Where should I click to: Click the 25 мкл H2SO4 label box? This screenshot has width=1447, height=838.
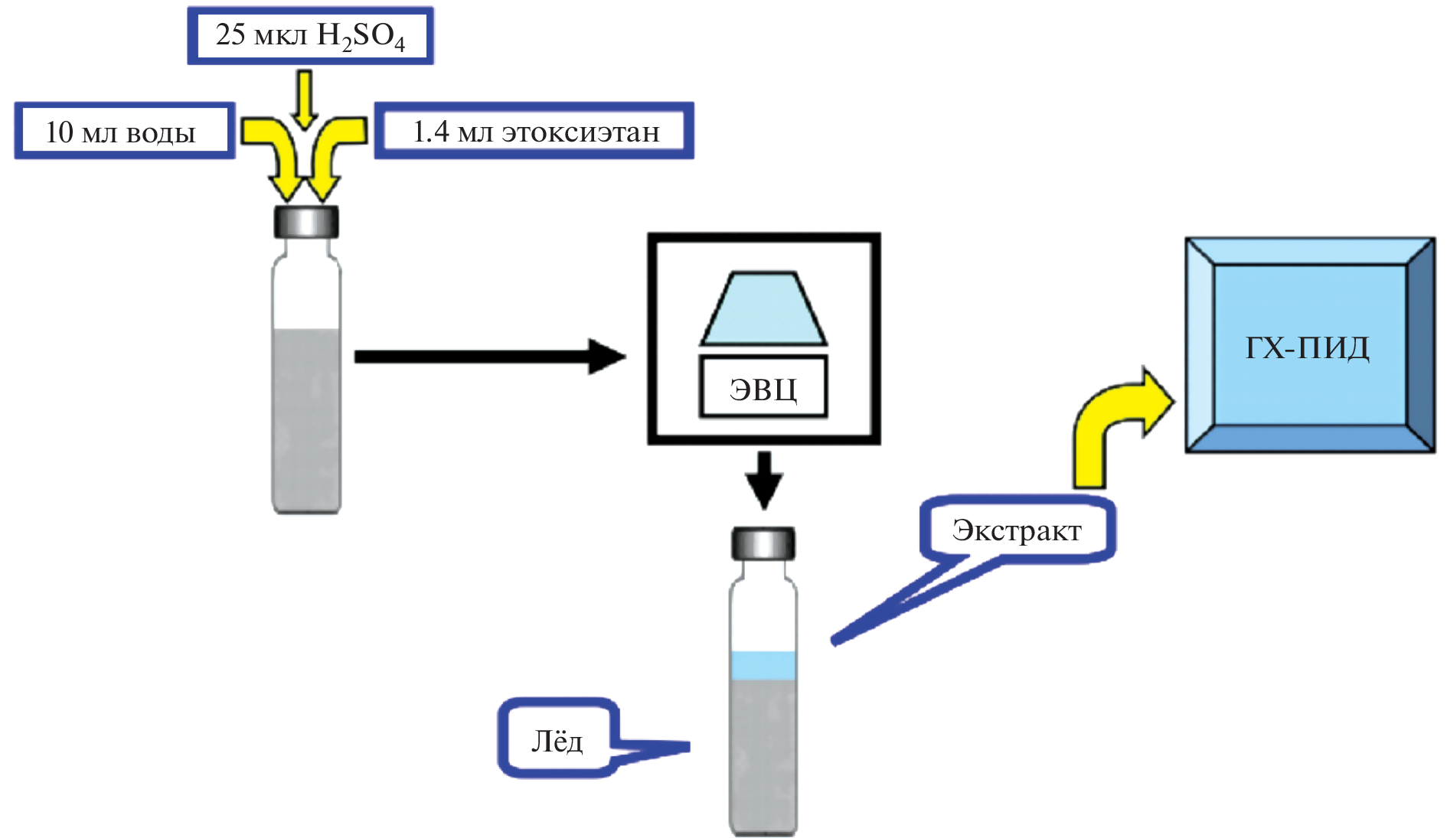pos(310,36)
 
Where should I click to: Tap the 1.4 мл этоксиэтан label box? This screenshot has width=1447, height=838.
pos(534,132)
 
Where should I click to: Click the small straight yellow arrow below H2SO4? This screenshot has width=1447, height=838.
pos(305,98)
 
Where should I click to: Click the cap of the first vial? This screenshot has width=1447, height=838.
pos(306,222)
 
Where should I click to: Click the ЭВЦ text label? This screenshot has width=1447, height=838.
pos(763,388)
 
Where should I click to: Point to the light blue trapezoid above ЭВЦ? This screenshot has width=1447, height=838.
pos(763,309)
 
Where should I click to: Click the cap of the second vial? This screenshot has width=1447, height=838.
pos(763,543)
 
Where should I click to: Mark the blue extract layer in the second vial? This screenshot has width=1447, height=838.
pos(763,665)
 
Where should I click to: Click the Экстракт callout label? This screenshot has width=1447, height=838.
pos(1017,530)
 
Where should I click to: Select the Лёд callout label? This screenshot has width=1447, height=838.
pos(557,739)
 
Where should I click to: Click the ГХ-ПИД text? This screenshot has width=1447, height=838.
pos(1308,347)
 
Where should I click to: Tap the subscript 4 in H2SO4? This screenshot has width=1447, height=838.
pos(399,44)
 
